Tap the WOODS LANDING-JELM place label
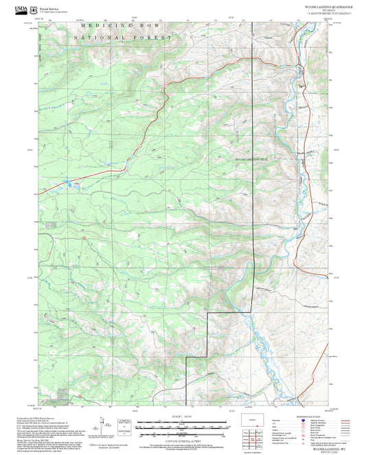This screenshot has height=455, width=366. [x=251, y=159]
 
